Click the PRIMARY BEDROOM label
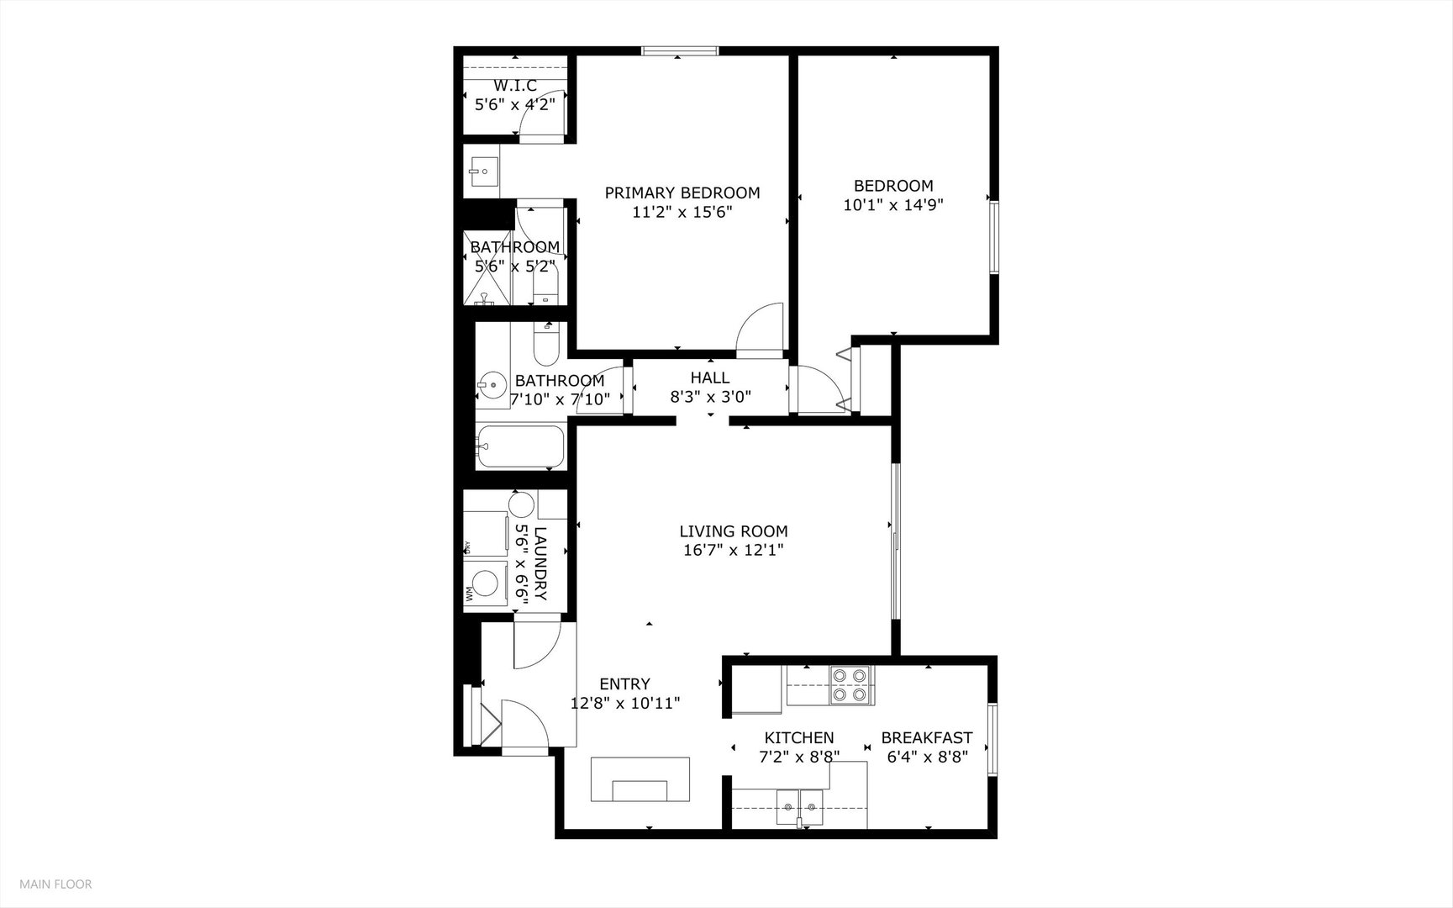pyautogui.click(x=682, y=193)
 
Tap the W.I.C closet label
pyautogui.click(x=515, y=86)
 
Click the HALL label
pyautogui.click(x=710, y=378)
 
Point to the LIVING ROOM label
pyautogui.click(x=734, y=531)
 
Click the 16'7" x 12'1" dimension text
pyautogui.click(x=734, y=551)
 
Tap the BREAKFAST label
pyautogui.click(x=927, y=738)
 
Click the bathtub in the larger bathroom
pyautogui.click(x=521, y=446)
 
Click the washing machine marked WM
pyautogui.click(x=485, y=583)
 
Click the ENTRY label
pyautogui.click(x=624, y=684)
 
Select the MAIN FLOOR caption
pyautogui.click(x=55, y=884)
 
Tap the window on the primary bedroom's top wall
pyautogui.click(x=681, y=51)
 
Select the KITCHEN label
pyautogui.click(x=798, y=738)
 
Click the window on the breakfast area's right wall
pyautogui.click(x=992, y=739)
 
